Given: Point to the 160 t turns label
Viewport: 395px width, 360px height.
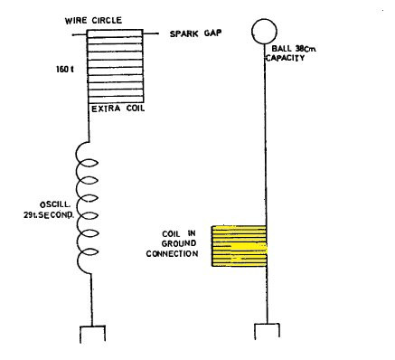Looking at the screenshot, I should coord(65,67).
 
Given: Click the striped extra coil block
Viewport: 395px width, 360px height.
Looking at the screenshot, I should coord(114,67).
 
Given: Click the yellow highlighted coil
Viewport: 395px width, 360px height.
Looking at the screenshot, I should coord(239,246).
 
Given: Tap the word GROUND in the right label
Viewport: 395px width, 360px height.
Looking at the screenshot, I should coord(175,242).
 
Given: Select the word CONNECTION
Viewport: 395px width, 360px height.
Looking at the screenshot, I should coord(172,253).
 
